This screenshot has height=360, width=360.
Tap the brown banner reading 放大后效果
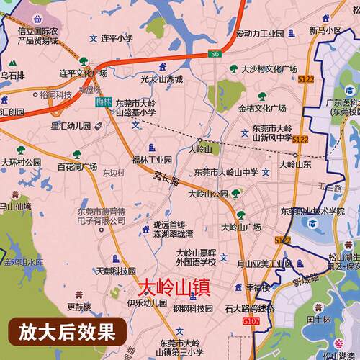(66, 333)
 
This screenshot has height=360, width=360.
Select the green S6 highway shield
(214, 54)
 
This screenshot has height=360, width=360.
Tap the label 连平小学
(117, 37)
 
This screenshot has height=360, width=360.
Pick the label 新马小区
(325, 30)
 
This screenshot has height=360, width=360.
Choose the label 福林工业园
(152, 159)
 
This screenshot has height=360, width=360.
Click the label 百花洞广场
(77, 167)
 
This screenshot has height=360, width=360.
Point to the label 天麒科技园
(117, 271)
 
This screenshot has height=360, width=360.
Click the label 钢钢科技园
(192, 308)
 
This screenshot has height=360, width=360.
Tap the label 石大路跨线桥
(249, 309)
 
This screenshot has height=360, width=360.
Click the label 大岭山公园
(208, 194)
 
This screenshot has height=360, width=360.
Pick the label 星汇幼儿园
(73, 126)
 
